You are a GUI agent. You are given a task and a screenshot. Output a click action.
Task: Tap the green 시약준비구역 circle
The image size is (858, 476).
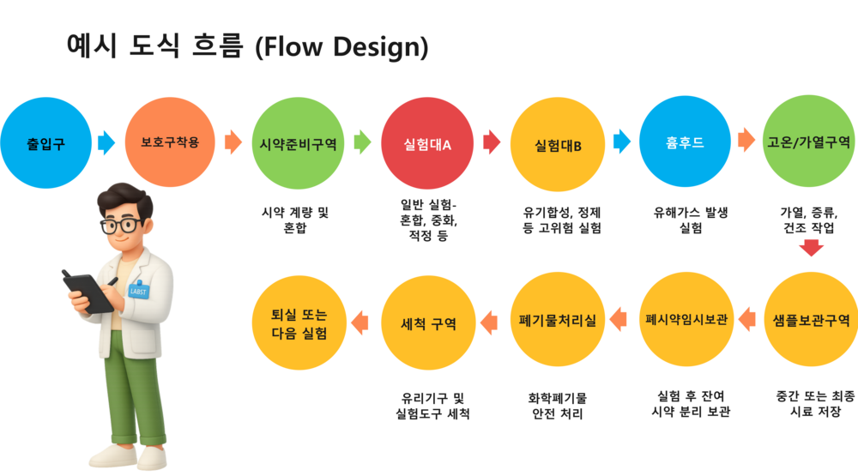pyautogui.click(x=298, y=142)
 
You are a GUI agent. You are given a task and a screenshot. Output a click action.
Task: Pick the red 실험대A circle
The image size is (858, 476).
pyautogui.click(x=427, y=143)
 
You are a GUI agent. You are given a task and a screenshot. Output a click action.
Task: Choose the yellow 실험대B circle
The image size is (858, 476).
pyautogui.click(x=557, y=143)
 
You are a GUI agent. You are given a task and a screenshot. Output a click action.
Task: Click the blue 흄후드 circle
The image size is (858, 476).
pyautogui.click(x=684, y=142)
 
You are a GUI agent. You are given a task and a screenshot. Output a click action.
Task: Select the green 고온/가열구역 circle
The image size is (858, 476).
pyautogui.click(x=808, y=142)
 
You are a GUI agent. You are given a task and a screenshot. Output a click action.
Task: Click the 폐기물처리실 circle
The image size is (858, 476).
pyautogui.click(x=557, y=320)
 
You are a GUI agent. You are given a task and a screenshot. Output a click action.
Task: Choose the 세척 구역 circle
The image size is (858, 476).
pyautogui.click(x=427, y=322)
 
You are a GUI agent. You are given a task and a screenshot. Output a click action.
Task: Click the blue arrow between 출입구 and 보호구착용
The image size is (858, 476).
pyautogui.click(x=106, y=142)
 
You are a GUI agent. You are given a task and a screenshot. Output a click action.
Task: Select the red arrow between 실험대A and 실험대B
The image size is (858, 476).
pyautogui.click(x=492, y=142)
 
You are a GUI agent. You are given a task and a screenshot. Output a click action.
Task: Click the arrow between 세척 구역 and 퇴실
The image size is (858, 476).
pyautogui.click(x=360, y=322)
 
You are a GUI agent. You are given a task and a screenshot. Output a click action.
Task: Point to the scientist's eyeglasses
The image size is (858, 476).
pyautogui.click(x=122, y=226)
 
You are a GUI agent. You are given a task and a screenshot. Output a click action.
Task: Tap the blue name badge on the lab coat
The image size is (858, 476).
pyautogui.click(x=137, y=289)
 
